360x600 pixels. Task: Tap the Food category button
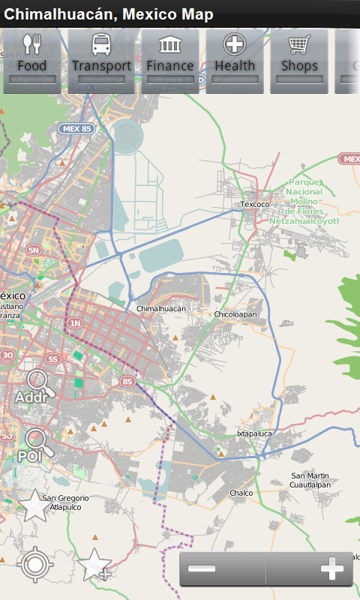tap(31, 60)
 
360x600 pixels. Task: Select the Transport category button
tap(101, 60)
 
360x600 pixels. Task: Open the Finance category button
tap(169, 60)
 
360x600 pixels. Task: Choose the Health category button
tap(235, 60)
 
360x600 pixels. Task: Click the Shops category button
tap(299, 60)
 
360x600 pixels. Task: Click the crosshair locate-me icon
tap(34, 564)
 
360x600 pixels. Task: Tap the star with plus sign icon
tap(94, 564)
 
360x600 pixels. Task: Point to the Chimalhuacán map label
tap(160, 308)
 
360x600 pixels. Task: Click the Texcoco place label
tap(254, 204)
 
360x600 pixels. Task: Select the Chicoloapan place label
tap(235, 314)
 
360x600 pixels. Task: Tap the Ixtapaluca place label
tap(254, 433)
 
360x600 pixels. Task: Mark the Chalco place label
tap(241, 493)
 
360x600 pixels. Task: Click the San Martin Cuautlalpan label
tap(310, 480)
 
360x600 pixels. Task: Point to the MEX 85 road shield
tap(76, 129)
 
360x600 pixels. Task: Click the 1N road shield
tap(75, 323)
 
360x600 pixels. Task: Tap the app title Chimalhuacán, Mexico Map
tap(109, 14)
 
